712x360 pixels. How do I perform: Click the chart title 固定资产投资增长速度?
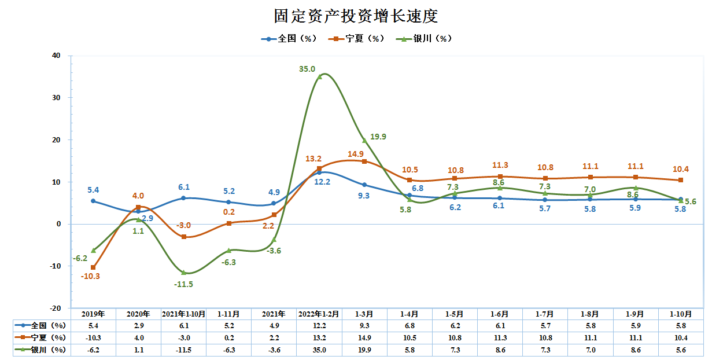(x=356, y=16)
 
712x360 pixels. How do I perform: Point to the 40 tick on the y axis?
(x=56, y=56)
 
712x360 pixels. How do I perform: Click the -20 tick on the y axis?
(x=55, y=308)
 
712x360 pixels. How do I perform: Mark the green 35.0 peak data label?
(x=307, y=69)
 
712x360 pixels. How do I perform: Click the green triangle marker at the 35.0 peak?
(x=320, y=76)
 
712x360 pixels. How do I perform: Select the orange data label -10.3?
(x=90, y=276)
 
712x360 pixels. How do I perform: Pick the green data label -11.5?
(x=183, y=284)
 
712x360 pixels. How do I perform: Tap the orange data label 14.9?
(x=356, y=154)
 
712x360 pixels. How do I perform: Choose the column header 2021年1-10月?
(x=183, y=314)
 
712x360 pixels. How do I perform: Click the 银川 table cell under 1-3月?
(x=364, y=350)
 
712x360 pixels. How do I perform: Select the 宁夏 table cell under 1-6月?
(x=500, y=337)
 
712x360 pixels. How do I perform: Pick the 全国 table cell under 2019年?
(x=93, y=326)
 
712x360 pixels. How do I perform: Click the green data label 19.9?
(x=378, y=137)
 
